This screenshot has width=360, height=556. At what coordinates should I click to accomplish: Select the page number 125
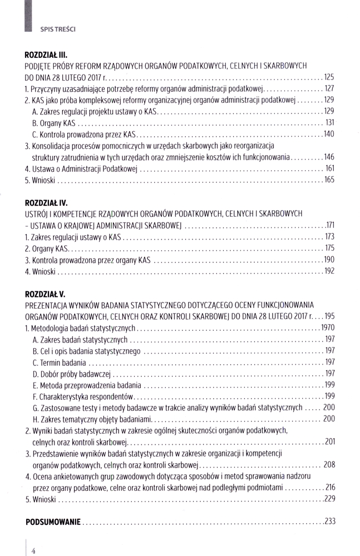[329, 77]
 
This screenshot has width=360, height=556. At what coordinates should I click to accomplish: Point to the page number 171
[330, 226]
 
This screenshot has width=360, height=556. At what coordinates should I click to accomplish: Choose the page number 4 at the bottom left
[33, 550]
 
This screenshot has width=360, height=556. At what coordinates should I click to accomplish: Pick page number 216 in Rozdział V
[331, 487]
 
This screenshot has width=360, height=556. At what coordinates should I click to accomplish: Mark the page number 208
[329, 464]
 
